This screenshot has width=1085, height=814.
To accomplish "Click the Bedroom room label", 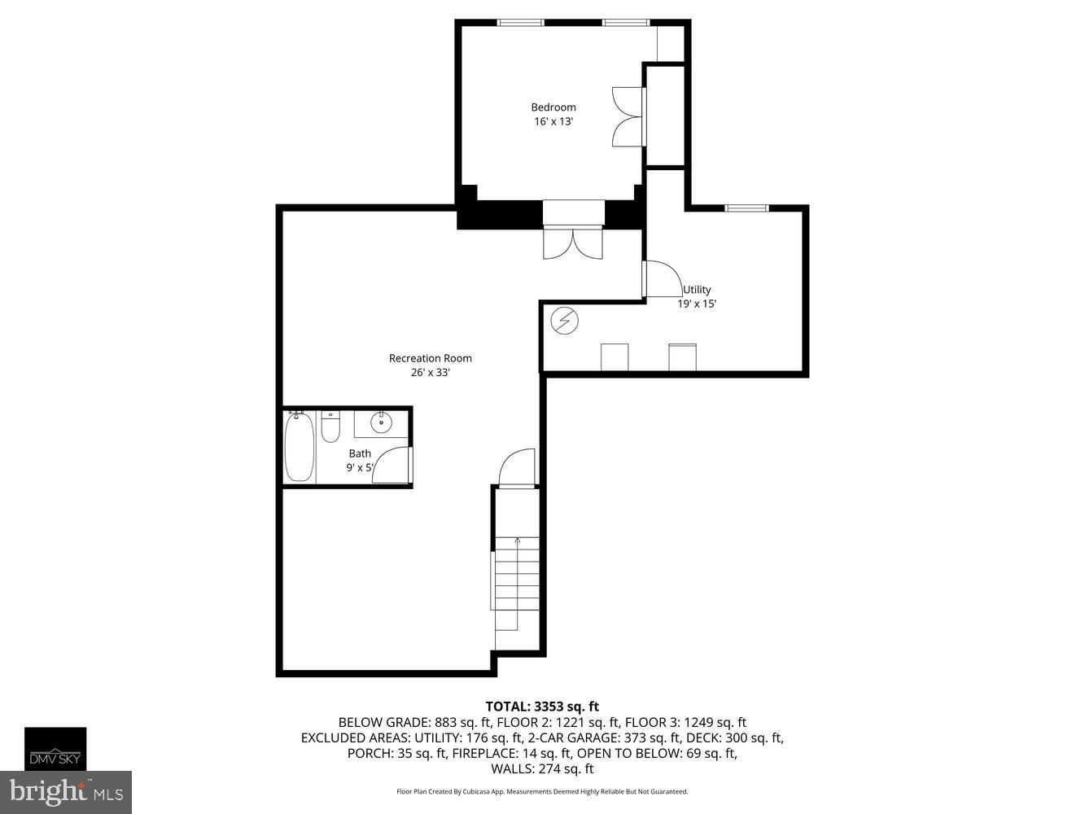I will (553, 107).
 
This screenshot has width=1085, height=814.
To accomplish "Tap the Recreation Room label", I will (430, 358).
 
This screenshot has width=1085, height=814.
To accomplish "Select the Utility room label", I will (697, 290).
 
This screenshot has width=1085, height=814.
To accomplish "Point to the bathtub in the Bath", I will (299, 447).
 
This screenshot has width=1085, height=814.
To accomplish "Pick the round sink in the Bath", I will (381, 422).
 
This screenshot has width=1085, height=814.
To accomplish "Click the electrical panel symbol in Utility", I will (564, 322).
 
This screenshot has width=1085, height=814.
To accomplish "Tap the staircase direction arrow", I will (517, 544).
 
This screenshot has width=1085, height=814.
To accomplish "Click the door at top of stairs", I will (518, 469).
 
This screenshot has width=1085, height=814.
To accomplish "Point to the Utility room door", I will (662, 279).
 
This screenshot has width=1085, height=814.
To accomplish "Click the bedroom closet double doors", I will (628, 116).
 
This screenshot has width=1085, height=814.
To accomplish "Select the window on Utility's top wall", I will (746, 208).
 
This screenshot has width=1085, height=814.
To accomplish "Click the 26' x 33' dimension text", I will (430, 373).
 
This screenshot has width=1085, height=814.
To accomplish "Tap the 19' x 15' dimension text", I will (697, 304).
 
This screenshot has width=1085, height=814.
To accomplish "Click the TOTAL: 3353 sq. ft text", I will (542, 707).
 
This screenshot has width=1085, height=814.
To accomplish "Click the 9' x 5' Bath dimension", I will (359, 468).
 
